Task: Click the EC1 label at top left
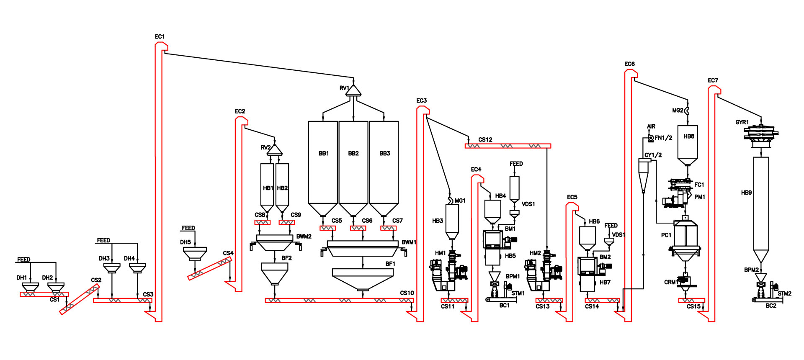coord(160,37)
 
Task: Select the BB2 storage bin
coord(353,163)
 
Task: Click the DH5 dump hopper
coord(195,253)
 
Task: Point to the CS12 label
coord(485,140)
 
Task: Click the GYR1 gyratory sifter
coord(761,134)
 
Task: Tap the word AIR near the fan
coord(651,126)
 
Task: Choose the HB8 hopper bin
coord(688,142)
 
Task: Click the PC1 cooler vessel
coord(685,237)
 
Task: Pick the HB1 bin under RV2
coord(267,184)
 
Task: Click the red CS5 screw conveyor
coord(327,228)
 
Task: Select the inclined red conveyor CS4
coord(209,269)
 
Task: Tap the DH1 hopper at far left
coord(30,287)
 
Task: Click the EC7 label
coord(713,80)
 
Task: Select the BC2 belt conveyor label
coord(771,306)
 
